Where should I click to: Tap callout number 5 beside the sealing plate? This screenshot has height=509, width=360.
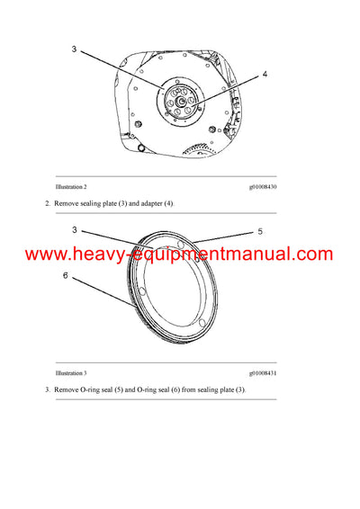pyautogui.click(x=259, y=231)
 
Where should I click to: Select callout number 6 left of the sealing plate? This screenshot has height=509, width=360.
pyautogui.click(x=65, y=276)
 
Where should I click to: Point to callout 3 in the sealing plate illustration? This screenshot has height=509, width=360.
pyautogui.click(x=76, y=230)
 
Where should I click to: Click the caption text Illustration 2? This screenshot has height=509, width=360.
pyautogui.click(x=71, y=186)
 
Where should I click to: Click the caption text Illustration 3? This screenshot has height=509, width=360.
pyautogui.click(x=71, y=372)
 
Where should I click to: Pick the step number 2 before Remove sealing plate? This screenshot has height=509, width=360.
pyautogui.click(x=47, y=204)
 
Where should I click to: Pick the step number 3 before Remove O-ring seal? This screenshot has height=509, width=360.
pyautogui.click(x=47, y=389)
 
